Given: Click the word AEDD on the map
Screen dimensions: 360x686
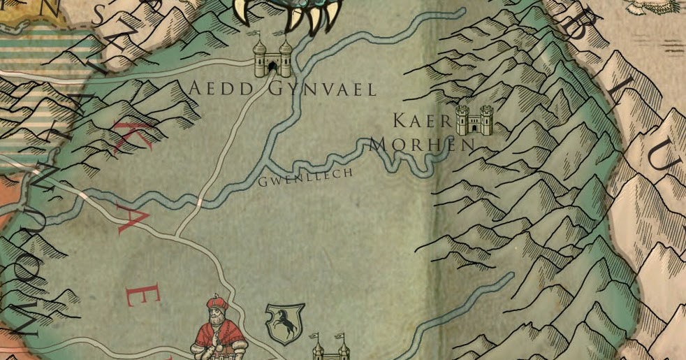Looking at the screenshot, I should (216, 89).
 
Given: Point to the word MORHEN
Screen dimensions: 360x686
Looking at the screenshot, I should (422, 145).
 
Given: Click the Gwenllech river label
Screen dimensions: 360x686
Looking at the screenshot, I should (305, 179).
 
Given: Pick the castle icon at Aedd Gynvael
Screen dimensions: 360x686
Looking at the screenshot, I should (272, 57).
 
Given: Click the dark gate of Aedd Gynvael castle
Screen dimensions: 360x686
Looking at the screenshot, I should (272, 67).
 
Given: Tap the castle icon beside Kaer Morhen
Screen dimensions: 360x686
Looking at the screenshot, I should (474, 120).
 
